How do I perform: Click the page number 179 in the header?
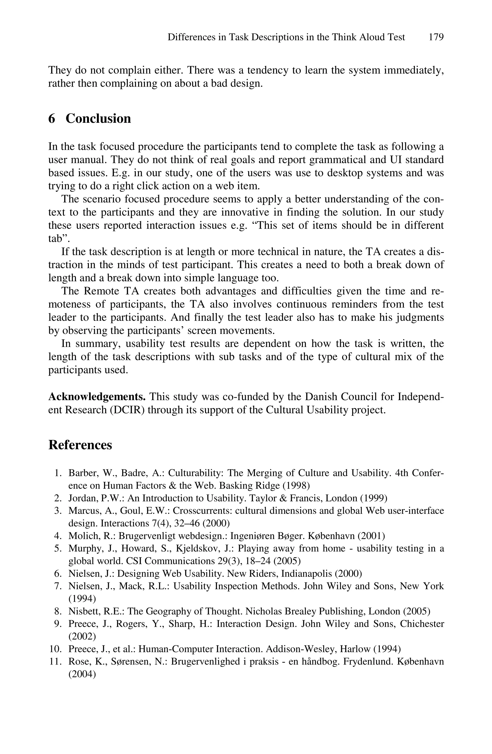[436, 37]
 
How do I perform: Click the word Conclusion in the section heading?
[98, 119]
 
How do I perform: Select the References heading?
[80, 445]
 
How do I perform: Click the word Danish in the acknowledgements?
[321, 397]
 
